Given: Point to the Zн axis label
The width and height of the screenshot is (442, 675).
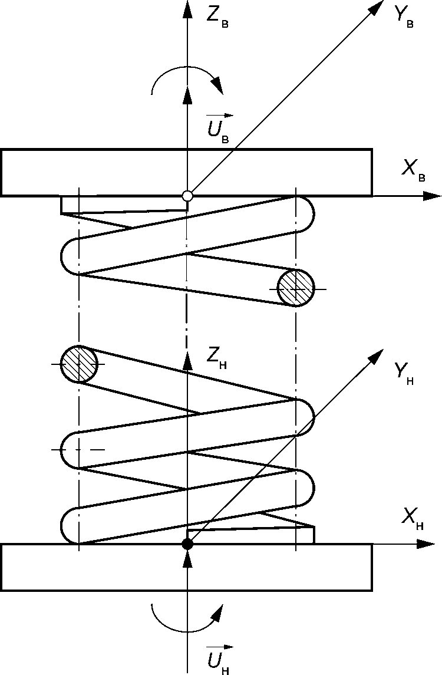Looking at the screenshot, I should pyautogui.click(x=216, y=357).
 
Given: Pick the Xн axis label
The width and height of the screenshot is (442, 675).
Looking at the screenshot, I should pyautogui.click(x=413, y=519).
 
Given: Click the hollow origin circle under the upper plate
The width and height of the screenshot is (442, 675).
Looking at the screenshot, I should pyautogui.click(x=187, y=196).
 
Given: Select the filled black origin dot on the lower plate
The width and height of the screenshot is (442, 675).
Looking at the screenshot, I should pyautogui.click(x=187, y=544).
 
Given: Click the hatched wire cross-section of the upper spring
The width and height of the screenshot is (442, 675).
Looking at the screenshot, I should pyautogui.click(x=296, y=288).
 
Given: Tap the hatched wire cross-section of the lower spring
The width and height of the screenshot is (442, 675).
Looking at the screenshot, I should pyautogui.click(x=78, y=364).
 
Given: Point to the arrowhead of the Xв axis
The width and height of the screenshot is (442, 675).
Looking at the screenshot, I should pyautogui.click(x=433, y=196).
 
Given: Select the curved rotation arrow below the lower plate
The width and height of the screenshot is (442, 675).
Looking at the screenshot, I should pyautogui.click(x=187, y=616).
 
